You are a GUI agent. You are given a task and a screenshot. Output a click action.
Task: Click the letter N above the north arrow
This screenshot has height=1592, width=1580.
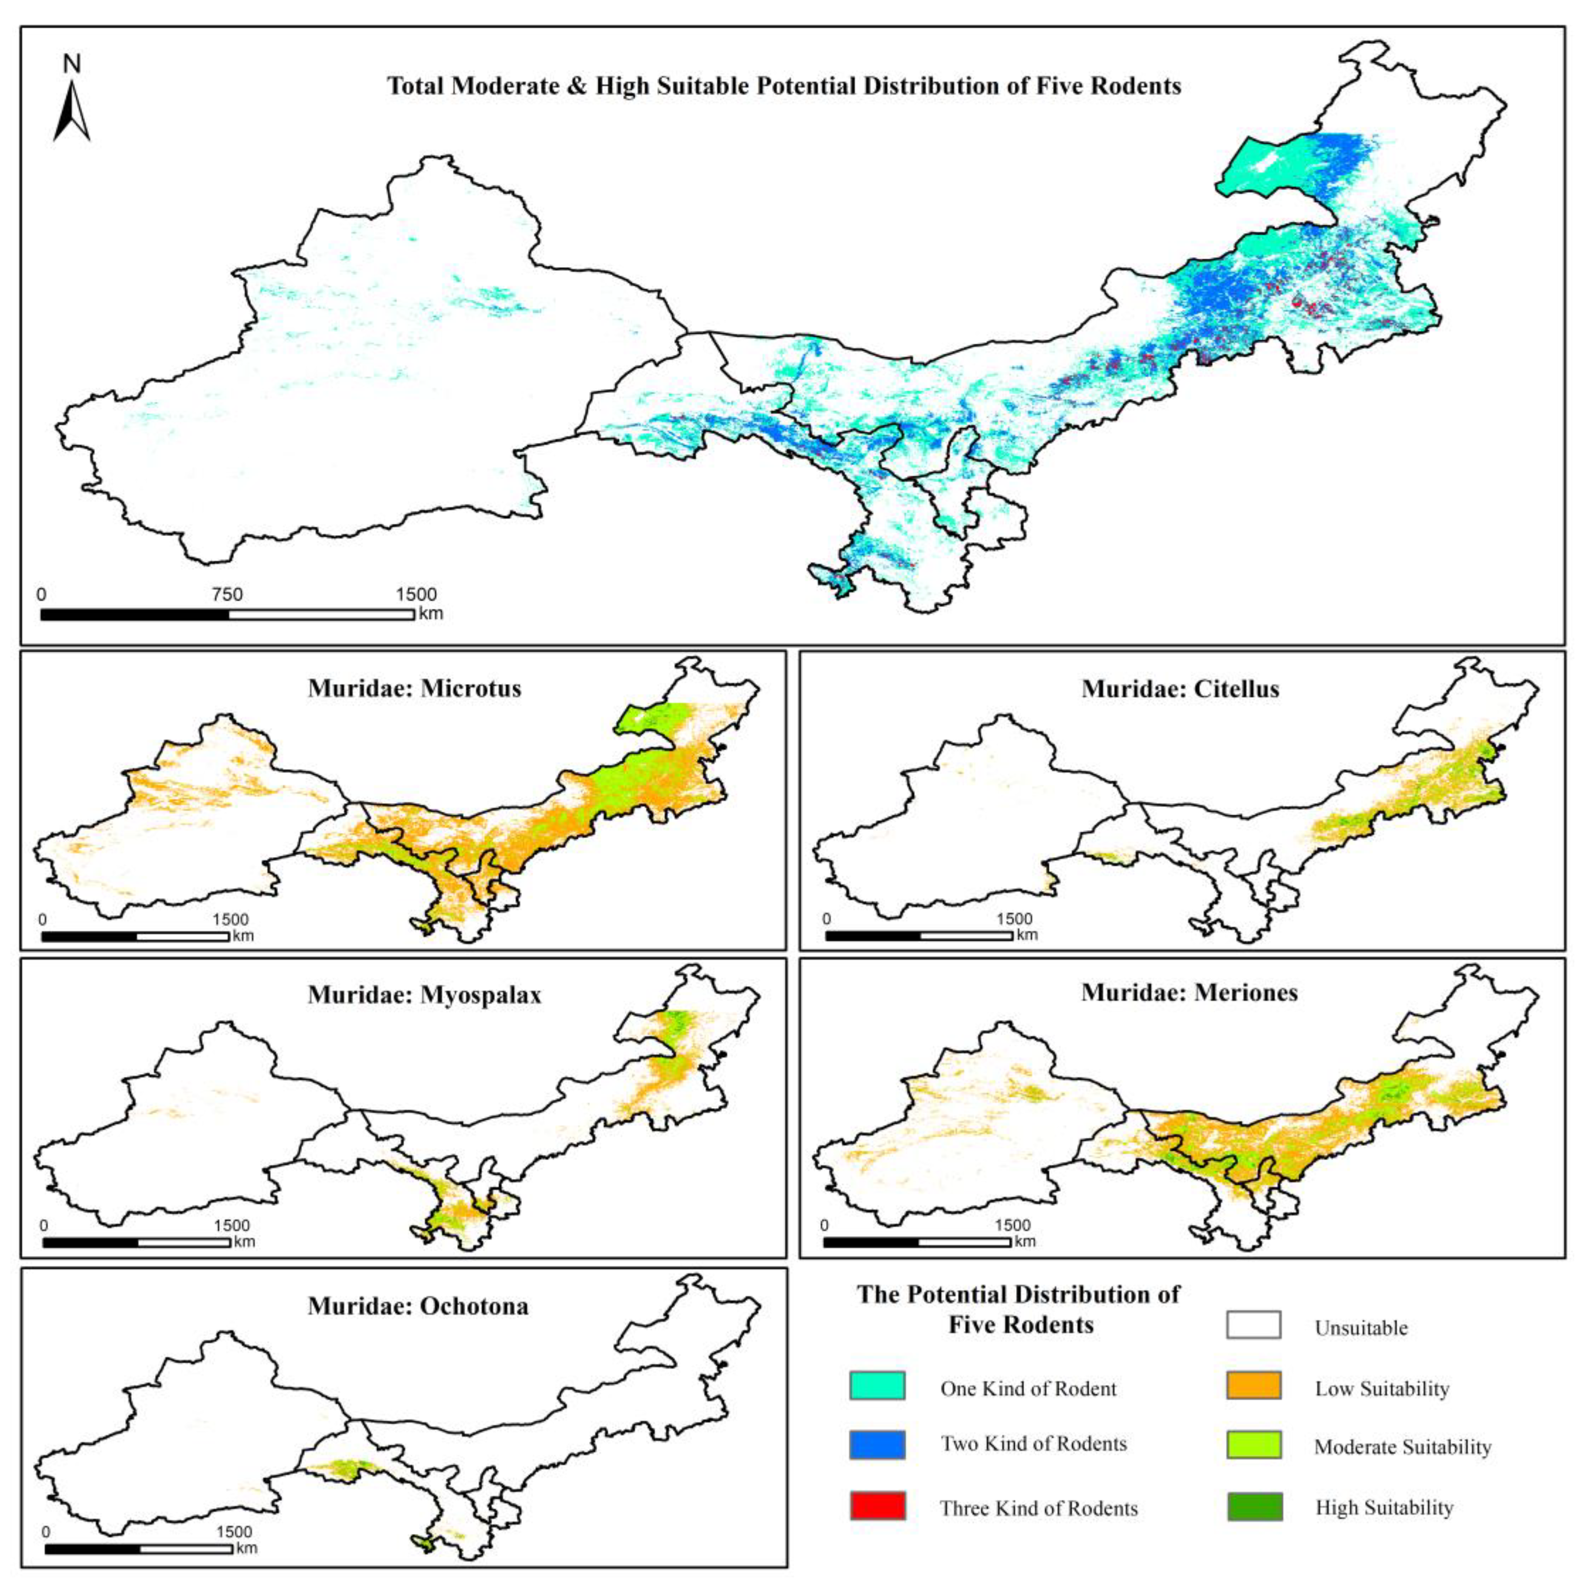click(x=72, y=64)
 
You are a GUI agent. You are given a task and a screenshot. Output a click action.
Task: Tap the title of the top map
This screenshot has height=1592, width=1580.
click(x=784, y=86)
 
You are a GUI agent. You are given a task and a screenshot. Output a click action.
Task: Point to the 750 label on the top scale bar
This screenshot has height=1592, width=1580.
click(x=226, y=594)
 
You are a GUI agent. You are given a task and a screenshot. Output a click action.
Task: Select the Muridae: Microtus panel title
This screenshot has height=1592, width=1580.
click(x=415, y=688)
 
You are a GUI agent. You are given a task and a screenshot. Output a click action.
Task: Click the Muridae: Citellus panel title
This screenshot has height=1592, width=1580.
click(x=1180, y=689)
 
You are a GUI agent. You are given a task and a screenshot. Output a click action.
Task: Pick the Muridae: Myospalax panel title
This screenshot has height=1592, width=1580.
click(x=425, y=995)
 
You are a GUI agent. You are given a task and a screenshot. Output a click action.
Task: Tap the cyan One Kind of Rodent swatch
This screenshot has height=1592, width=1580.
click(x=877, y=1385)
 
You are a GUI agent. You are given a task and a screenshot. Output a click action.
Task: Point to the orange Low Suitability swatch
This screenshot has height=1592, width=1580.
click(x=1253, y=1385)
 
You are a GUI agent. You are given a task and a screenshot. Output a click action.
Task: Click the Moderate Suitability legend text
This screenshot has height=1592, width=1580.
click(x=1402, y=1447)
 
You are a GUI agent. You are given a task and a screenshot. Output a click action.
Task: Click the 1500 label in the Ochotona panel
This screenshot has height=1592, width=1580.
click(x=234, y=1532)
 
